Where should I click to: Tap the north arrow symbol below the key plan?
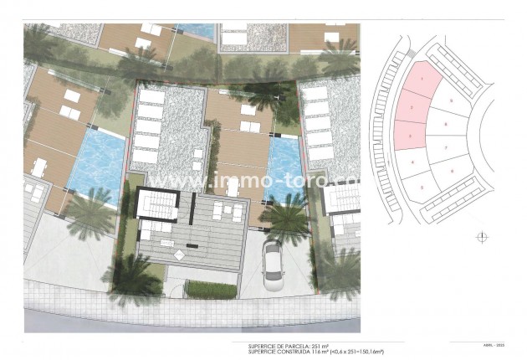481,238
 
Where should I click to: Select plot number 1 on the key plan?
422,81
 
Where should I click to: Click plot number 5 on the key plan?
422,186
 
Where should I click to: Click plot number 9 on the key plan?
450,100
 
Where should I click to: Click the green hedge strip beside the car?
212,290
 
